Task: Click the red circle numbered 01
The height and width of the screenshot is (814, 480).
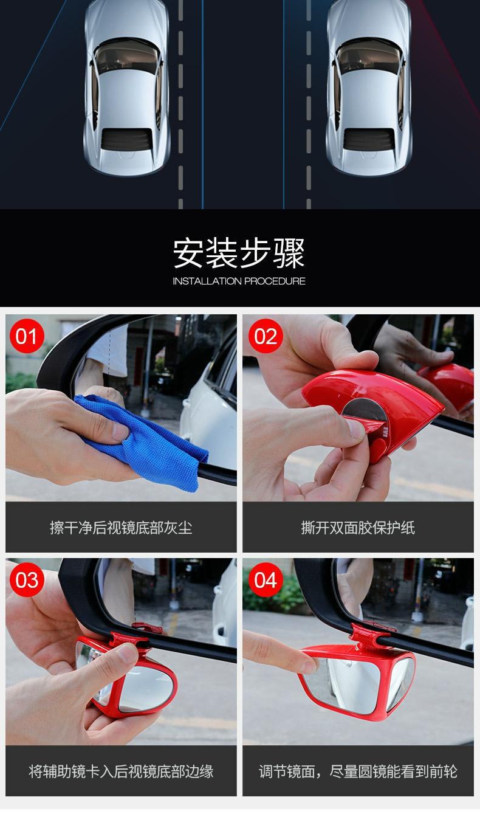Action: [x=27, y=336]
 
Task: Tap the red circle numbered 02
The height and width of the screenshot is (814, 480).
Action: [x=266, y=336]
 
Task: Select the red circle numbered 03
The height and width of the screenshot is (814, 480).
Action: [x=27, y=579]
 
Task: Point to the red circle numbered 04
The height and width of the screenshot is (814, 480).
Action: [x=266, y=579]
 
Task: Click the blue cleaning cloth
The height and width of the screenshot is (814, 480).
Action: [x=145, y=440]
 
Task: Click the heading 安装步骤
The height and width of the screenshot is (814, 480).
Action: [x=239, y=254]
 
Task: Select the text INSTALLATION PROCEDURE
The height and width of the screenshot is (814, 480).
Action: [x=239, y=281]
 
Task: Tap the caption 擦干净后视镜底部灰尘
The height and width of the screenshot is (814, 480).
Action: [x=121, y=528]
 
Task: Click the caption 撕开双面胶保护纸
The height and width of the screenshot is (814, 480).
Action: [x=358, y=528]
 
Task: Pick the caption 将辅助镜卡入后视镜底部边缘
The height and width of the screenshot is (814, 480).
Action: [x=121, y=771]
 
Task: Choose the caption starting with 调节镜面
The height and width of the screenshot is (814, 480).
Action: [x=358, y=771]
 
